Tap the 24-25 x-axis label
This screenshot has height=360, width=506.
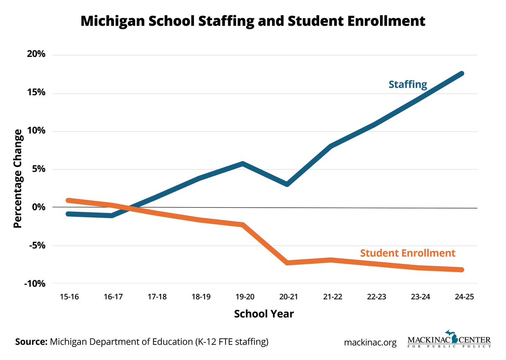[463, 297]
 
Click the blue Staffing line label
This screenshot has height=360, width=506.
[408, 84]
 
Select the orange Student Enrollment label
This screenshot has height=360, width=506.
[408, 253]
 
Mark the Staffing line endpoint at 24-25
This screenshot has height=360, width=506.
[462, 74]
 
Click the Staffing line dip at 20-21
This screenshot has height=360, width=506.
[287, 184]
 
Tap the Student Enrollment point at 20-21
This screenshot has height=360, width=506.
[287, 263]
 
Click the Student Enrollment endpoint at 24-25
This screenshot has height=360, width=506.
[462, 270]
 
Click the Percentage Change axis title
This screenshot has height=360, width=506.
[17, 179]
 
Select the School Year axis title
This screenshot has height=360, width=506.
[264, 314]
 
